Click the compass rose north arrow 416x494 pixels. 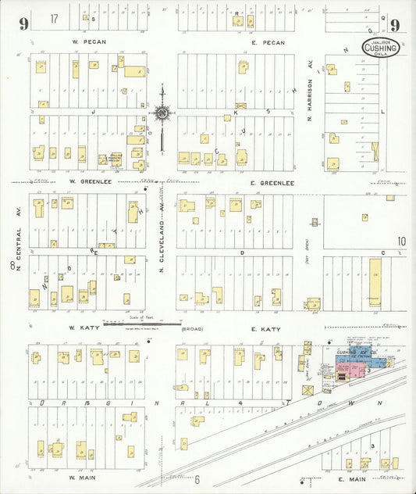(162, 114)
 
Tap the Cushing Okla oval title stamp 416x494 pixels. (381, 48)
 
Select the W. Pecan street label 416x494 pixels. (88, 41)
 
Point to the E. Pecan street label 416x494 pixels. (268, 42)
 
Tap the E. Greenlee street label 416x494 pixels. (272, 182)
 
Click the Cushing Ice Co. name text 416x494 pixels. (357, 353)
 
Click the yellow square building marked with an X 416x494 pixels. (307, 389)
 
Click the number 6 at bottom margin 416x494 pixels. (197, 479)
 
